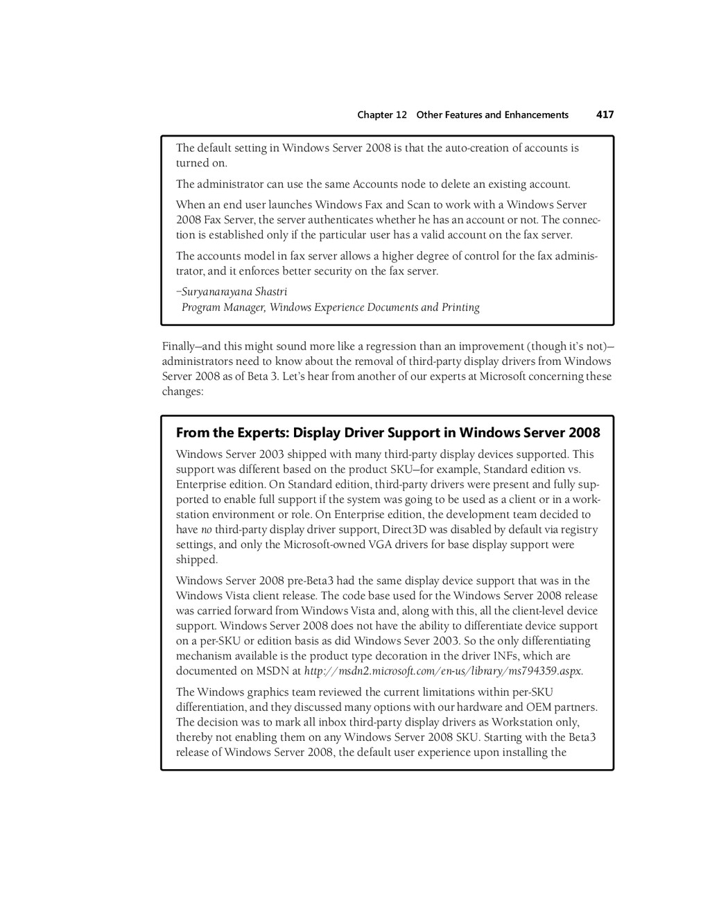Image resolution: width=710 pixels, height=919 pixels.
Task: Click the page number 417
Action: [x=605, y=114]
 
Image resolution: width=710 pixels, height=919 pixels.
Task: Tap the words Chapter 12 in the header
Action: [x=382, y=115]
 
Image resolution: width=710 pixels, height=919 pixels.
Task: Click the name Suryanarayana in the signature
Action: [x=217, y=291]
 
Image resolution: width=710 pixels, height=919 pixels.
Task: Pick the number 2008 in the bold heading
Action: [x=585, y=433]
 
